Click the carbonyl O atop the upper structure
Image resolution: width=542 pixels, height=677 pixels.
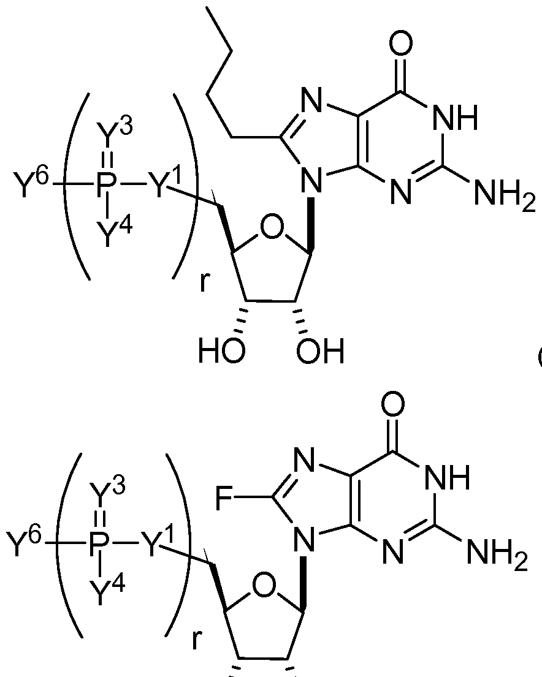pos(400,43)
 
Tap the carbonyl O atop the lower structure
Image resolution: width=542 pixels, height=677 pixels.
pos(392,404)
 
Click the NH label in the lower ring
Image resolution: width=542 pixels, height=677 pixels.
pos(448,478)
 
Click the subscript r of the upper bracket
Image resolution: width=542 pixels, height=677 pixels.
pos(204,282)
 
